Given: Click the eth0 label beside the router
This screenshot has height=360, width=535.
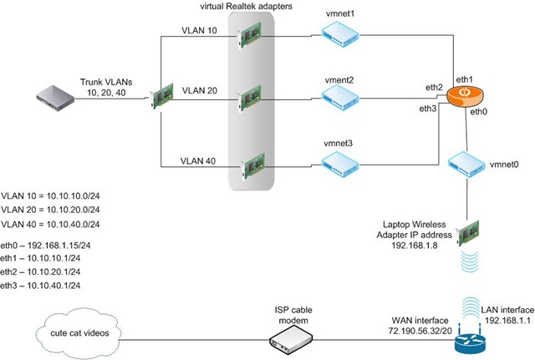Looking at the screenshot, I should [x=479, y=110].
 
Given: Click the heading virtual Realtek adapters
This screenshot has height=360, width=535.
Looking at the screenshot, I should [x=252, y=8].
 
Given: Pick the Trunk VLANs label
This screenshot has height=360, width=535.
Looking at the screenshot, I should [x=106, y=82].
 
